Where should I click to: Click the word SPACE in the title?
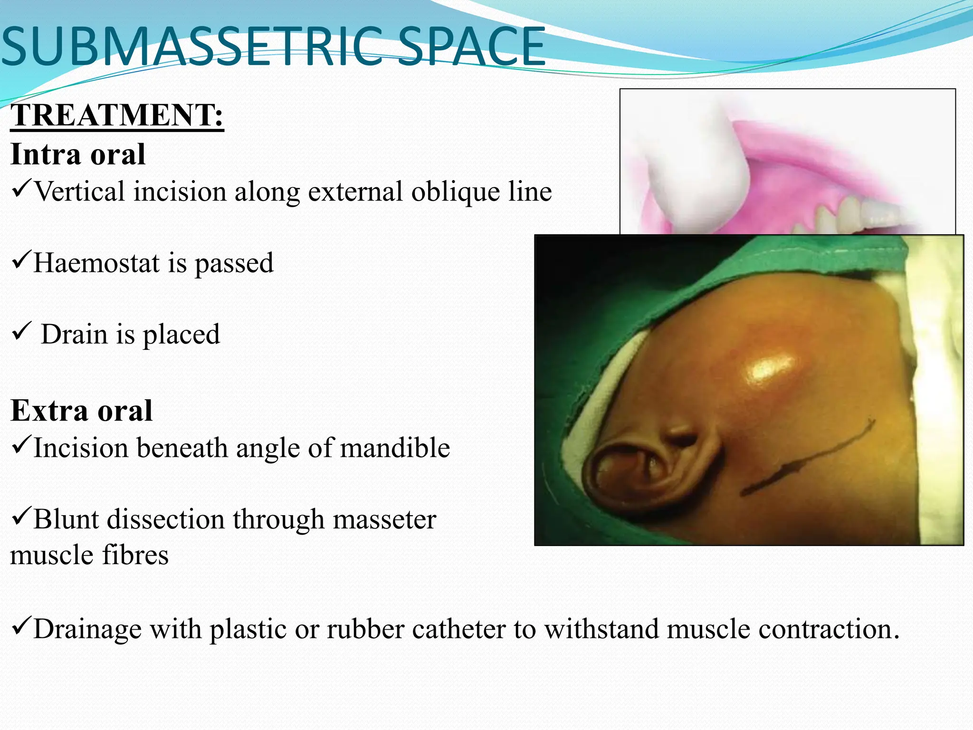tap(472, 47)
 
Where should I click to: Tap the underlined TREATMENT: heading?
tap(117, 115)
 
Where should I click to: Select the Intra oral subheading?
tap(78, 154)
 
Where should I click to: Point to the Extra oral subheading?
tap(81, 411)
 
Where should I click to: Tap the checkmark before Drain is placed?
tap(22, 331)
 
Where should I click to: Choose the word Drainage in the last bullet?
tap(88, 629)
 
